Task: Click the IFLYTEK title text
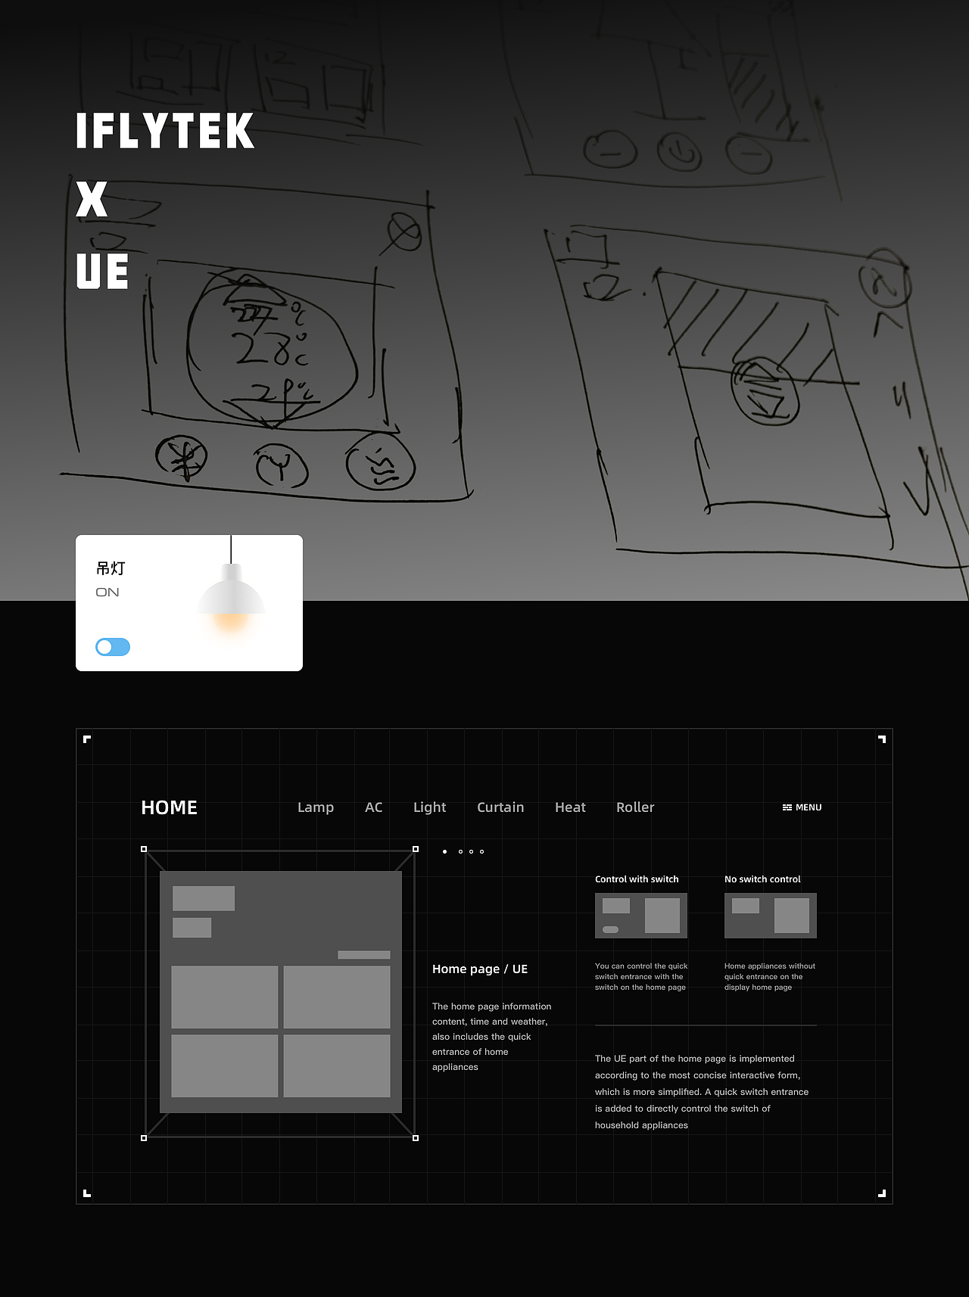pyautogui.click(x=165, y=131)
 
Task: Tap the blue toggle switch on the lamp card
pyautogui.click(x=113, y=647)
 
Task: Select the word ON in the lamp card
pyautogui.click(x=107, y=593)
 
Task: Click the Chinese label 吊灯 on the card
pyautogui.click(x=111, y=568)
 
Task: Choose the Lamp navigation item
pyautogui.click(x=316, y=807)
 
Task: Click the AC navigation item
pyautogui.click(x=373, y=807)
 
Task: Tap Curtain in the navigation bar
pyautogui.click(x=500, y=807)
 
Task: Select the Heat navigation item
pyautogui.click(x=570, y=807)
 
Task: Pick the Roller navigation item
pyautogui.click(x=635, y=807)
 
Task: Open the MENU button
pyautogui.click(x=802, y=807)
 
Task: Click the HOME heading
pyautogui.click(x=169, y=807)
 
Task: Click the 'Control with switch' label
pyautogui.click(x=637, y=879)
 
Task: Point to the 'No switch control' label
pyautogui.click(x=762, y=879)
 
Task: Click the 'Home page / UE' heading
pyautogui.click(x=480, y=969)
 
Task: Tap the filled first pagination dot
pyautogui.click(x=444, y=852)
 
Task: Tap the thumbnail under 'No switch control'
pyautogui.click(x=770, y=916)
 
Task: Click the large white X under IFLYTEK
pyautogui.click(x=92, y=200)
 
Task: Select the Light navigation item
pyautogui.click(x=429, y=807)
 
